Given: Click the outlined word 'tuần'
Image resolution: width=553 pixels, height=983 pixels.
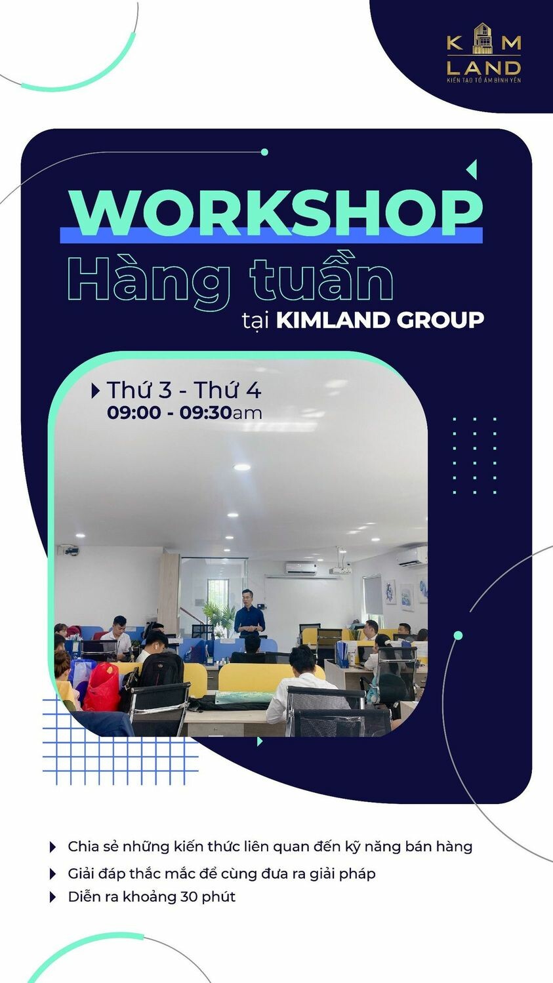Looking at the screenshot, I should click(321, 280).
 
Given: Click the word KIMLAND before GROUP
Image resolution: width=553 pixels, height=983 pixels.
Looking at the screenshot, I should click(333, 320).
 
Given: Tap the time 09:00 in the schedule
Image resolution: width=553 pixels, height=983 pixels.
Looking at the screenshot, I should click(134, 412).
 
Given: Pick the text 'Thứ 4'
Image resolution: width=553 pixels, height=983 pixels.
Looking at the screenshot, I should click(227, 390).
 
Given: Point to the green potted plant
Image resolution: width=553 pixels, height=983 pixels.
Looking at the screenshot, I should click(218, 616).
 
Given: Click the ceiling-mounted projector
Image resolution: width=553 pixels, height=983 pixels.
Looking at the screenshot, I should click(340, 570).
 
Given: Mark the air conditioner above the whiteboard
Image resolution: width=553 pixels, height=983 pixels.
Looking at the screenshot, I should click(301, 569).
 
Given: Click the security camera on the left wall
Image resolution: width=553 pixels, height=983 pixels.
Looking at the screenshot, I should click(70, 550).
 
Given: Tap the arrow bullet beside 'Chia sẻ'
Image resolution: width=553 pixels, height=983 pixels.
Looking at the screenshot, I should click(53, 847).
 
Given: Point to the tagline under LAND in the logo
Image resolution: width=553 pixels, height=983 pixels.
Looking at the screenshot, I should click(483, 80).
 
